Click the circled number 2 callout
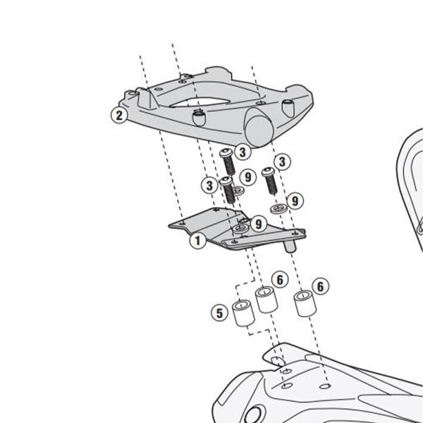(118, 114)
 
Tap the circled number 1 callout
(199, 240)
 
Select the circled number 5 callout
(220, 311)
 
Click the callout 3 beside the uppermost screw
(242, 152)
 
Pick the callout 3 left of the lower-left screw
(210, 185)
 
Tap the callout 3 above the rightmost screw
(281, 161)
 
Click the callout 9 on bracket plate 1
(259, 223)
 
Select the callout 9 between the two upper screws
(246, 176)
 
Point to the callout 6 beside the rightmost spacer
(321, 286)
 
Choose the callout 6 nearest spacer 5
(280, 280)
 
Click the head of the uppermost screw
(226, 153)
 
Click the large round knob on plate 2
(259, 130)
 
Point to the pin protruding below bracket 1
(288, 247)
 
